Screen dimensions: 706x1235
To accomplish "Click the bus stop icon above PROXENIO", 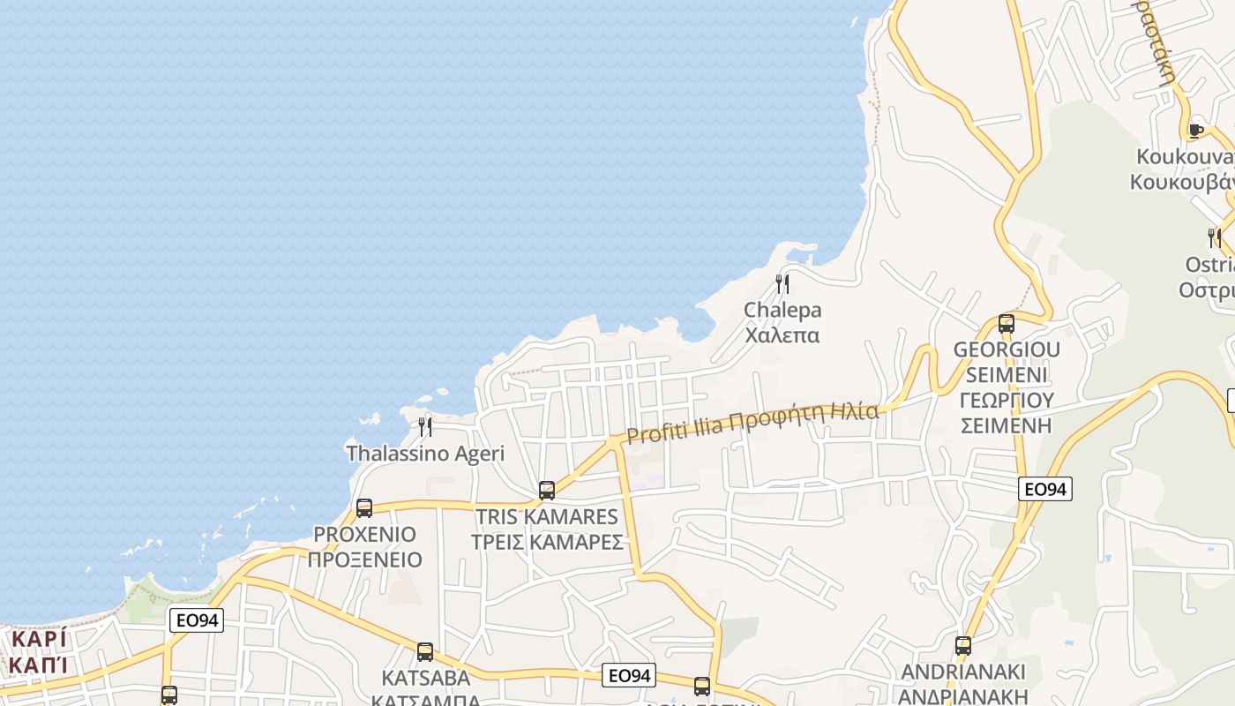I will point(363,508).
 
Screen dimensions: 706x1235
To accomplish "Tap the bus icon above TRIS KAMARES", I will point(547,491).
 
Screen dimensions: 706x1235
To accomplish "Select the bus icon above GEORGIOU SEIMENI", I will point(1007,324).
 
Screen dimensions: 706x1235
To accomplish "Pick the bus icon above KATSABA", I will point(425,652).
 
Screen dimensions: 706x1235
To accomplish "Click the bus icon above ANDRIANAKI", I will point(963,646).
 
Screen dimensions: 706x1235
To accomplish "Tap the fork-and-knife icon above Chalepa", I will point(782,283).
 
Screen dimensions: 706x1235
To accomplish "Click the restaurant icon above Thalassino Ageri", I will point(425,427).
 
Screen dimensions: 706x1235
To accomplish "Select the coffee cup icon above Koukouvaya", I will point(1196,131).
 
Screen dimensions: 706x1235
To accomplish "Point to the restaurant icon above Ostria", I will point(1215,237).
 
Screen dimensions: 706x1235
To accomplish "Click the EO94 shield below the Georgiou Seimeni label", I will point(1045,489).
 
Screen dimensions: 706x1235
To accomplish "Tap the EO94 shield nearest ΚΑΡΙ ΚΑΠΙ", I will point(196,620).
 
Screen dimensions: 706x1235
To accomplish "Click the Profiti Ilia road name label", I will point(752,424).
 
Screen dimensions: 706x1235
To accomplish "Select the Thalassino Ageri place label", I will point(425,454).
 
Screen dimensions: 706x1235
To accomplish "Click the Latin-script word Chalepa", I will point(782,310).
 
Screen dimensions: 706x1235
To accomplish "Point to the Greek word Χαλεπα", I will point(782,335).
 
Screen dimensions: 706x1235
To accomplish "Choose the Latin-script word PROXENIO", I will point(364,535).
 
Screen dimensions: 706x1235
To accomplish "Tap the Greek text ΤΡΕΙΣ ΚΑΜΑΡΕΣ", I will point(547,542).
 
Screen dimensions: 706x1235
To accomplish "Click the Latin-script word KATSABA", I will point(426,679).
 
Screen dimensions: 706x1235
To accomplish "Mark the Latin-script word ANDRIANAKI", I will point(964,672).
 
